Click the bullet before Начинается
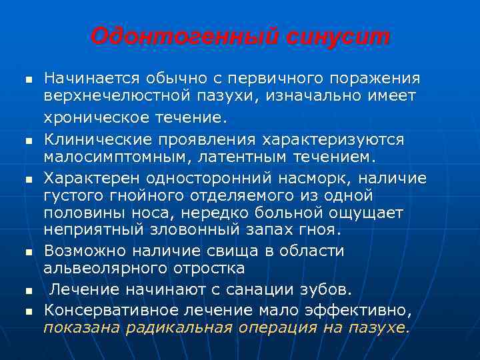[29, 79]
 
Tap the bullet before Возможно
[29, 253]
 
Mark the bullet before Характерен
[29, 180]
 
